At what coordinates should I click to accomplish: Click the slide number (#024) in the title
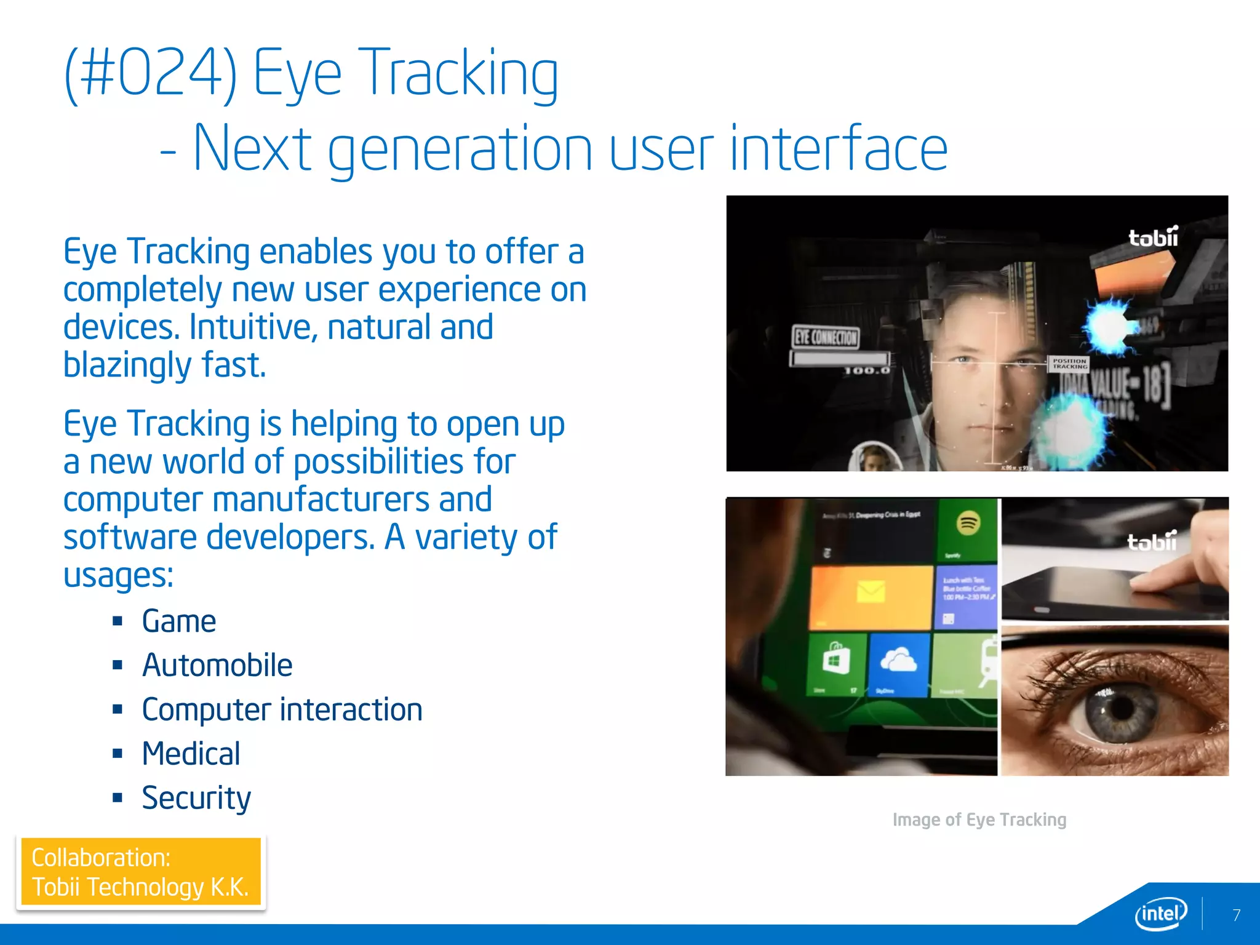pyautogui.click(x=151, y=73)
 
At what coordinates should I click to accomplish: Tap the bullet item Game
pyautogui.click(x=178, y=621)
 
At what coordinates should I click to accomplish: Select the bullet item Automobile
pyautogui.click(x=217, y=666)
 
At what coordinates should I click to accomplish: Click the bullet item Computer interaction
pyautogui.click(x=282, y=710)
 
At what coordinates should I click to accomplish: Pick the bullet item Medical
pyautogui.click(x=191, y=754)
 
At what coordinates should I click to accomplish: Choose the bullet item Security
pyautogui.click(x=196, y=799)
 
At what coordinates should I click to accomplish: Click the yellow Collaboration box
pyautogui.click(x=141, y=872)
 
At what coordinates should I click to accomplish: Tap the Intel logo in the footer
pyautogui.click(x=1160, y=914)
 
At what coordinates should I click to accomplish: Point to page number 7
pyautogui.click(x=1237, y=915)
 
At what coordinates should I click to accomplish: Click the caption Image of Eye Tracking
pyautogui.click(x=979, y=820)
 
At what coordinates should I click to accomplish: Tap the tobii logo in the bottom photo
pyautogui.click(x=1152, y=541)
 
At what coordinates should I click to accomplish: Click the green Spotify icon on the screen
pyautogui.click(x=968, y=524)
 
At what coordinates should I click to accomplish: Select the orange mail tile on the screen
pyautogui.click(x=871, y=594)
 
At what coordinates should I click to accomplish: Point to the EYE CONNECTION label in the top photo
pyautogui.click(x=826, y=337)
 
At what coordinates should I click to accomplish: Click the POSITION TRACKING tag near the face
pyautogui.click(x=1069, y=364)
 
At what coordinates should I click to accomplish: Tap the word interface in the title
pyautogui.click(x=839, y=150)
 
